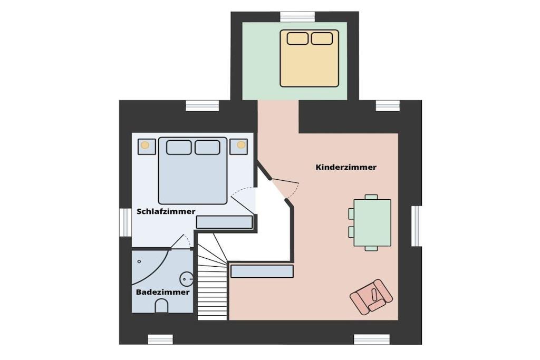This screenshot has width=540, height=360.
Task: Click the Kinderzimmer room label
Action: click(346, 167)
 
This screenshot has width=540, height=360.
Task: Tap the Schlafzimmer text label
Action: click(166, 211)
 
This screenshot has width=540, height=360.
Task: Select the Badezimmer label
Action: click(162, 292)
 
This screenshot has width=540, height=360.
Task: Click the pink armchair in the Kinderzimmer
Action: click(371, 297)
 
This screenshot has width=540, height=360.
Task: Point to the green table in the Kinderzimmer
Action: click(372, 222)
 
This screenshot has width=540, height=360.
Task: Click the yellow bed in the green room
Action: click(309, 58)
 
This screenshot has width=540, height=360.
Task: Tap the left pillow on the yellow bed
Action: click(297, 38)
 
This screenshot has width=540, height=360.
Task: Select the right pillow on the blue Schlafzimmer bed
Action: click(207, 147)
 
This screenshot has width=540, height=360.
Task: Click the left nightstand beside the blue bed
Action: click(147, 147)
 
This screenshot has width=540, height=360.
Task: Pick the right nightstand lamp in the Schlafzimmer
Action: click(241, 145)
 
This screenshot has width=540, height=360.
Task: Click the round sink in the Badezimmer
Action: click(187, 278)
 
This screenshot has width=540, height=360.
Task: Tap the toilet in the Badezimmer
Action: click(161, 306)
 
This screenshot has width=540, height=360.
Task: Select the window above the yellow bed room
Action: click(297, 16)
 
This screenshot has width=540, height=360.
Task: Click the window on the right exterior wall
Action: click(417, 226)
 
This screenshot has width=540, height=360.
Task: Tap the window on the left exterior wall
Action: click(126, 222)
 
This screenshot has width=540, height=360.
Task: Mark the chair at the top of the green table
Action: click(371, 197)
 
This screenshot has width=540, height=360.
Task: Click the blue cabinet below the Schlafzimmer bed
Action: click(225, 222)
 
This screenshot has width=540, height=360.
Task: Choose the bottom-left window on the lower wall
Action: click(160, 339)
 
